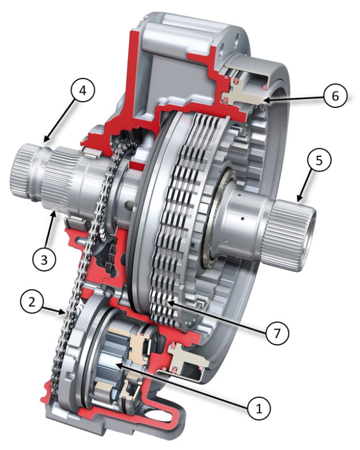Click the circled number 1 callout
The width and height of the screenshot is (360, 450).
[x=259, y=408]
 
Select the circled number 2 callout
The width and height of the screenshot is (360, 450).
[x=32, y=302]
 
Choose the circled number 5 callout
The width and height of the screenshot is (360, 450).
[x=319, y=161]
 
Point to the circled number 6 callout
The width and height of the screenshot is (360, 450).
[x=336, y=95]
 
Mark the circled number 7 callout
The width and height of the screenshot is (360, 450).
[x=276, y=333]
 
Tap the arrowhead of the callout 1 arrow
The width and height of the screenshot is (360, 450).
[x=118, y=365]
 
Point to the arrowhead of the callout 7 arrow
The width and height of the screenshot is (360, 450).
[x=169, y=303]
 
